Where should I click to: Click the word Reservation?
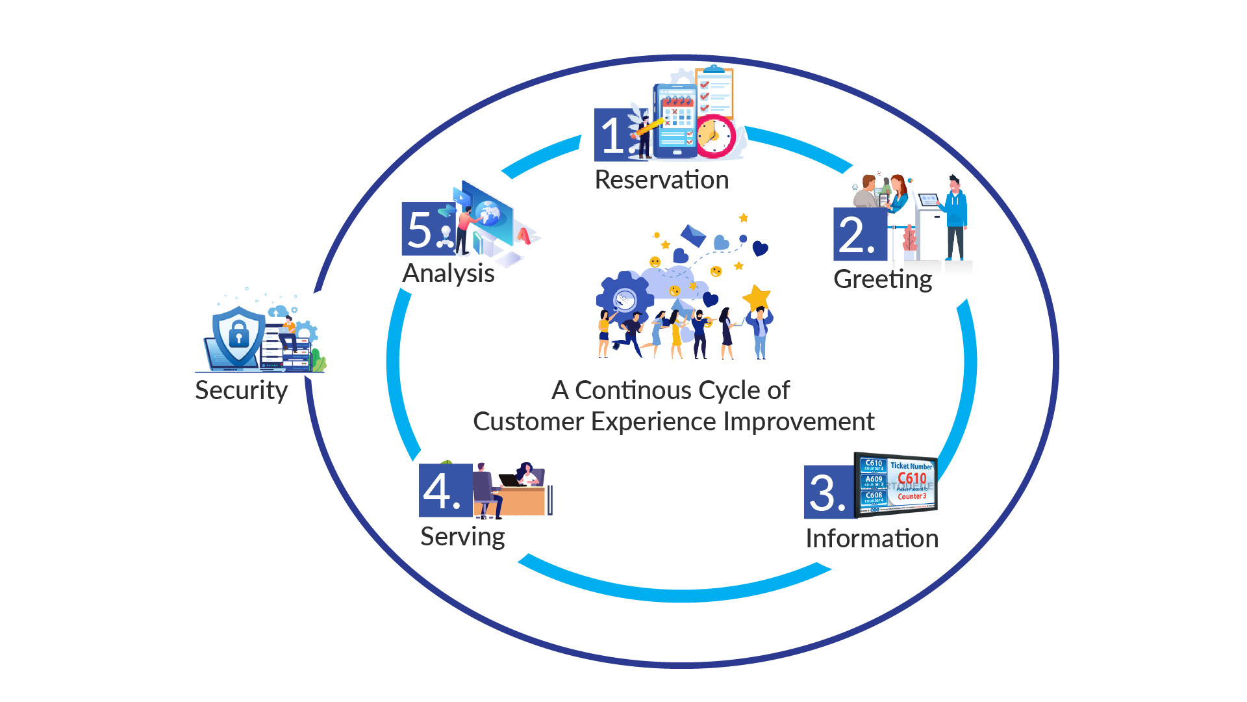point(661,180)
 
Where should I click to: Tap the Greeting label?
point(883,279)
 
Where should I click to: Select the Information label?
point(872,539)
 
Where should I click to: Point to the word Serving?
point(462,537)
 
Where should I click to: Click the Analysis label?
point(448,274)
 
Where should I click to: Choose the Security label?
point(241,391)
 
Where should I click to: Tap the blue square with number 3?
point(828,493)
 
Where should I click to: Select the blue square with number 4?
point(444,491)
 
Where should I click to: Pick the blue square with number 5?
point(426,229)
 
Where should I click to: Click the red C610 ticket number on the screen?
point(912,478)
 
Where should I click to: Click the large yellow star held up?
point(757,298)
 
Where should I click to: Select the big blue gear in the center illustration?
point(624,299)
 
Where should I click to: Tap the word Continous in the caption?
point(633,391)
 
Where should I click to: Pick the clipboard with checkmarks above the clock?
point(714,91)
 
